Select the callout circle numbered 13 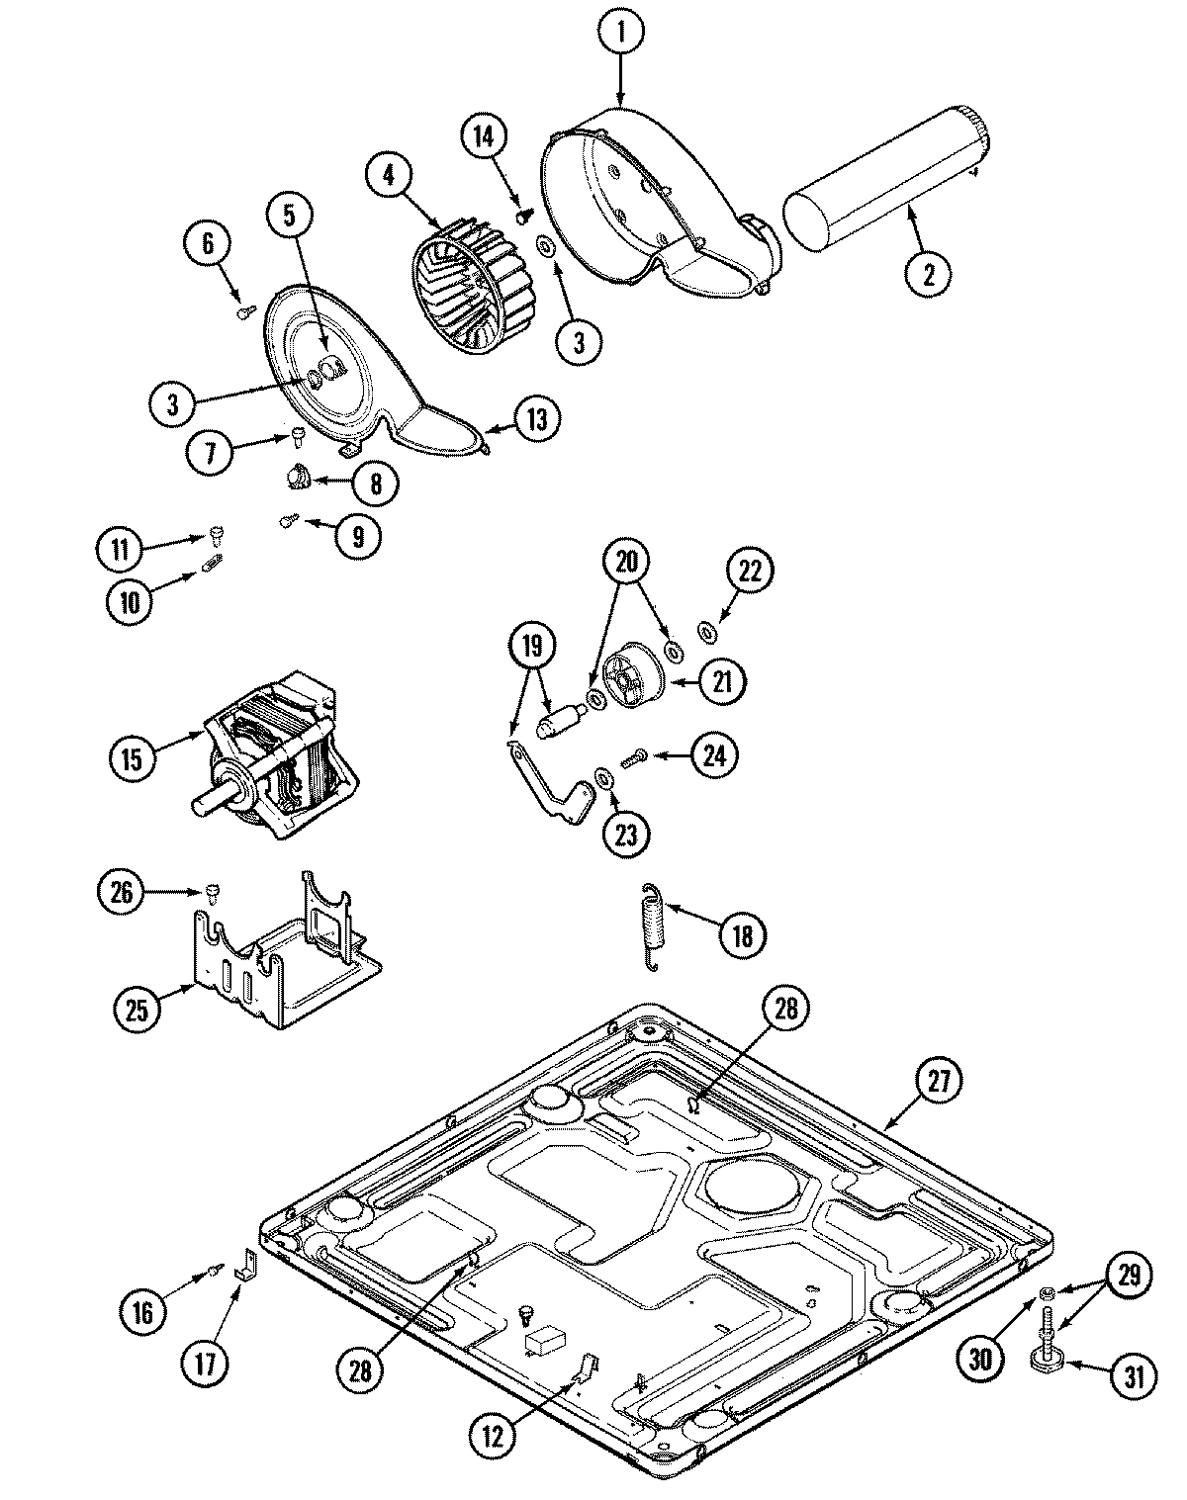(x=535, y=418)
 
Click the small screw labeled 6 (x=242, y=313)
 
